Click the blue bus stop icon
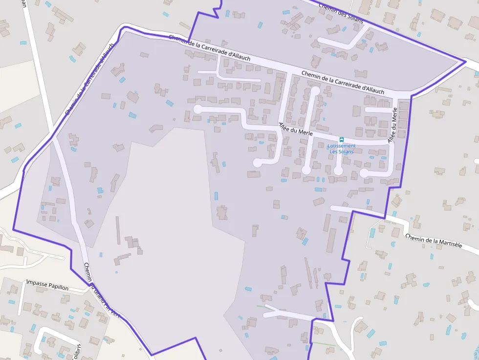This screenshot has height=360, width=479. coord(342,139)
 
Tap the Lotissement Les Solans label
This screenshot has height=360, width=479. coord(342,148)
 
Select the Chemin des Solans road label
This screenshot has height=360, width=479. coord(341,10)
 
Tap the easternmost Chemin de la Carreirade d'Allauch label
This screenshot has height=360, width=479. coord(343,82)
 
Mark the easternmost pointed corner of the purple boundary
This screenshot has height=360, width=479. coord(465,62)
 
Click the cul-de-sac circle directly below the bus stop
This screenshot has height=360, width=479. coord(338,171)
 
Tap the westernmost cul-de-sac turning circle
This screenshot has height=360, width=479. coord(198,109)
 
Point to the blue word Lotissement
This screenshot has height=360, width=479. coord(342,146)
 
